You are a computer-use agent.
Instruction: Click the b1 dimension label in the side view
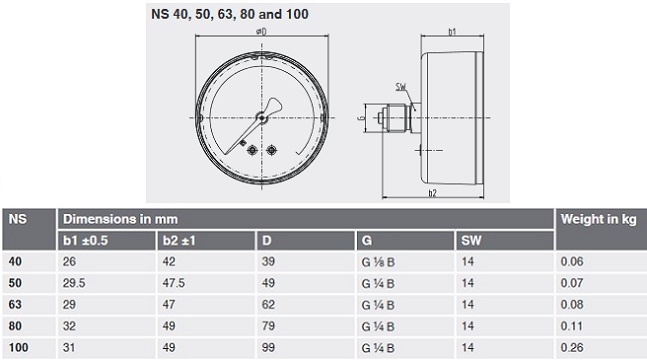pos(452,32)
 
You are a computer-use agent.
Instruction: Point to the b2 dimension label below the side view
pos(432,193)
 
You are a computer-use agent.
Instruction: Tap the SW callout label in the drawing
pos(401,87)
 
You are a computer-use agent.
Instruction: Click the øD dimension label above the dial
pos(261,31)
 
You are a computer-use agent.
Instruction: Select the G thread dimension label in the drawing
pos(361,118)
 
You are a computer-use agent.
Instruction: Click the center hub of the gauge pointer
pos(262,118)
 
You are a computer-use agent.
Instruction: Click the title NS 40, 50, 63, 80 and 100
pos(230,14)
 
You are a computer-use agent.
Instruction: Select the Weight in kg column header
pos(598,219)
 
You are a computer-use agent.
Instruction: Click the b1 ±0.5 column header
pos(85,241)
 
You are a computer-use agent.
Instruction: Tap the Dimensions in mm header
pos(120,219)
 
